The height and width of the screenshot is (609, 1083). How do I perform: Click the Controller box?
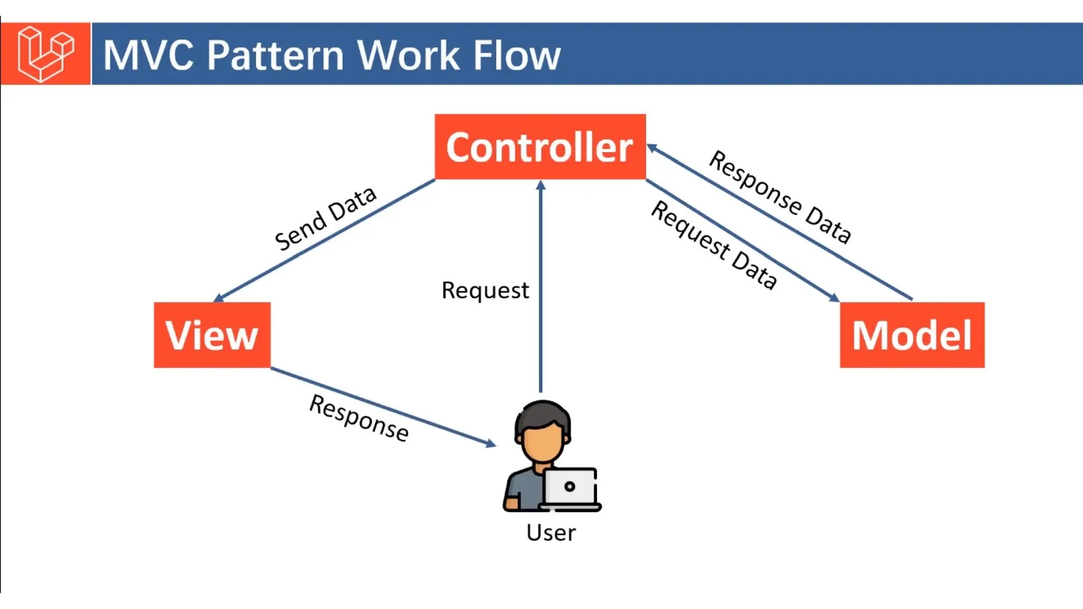point(540,147)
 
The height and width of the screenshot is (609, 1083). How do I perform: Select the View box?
point(212,335)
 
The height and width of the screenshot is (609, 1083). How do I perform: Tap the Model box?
point(912,335)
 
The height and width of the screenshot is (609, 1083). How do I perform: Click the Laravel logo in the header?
point(45,53)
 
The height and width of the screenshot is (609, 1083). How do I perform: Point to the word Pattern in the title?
point(276,55)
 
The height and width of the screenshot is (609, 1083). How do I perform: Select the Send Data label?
point(325,218)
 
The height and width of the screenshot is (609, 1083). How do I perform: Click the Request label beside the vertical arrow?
point(485,290)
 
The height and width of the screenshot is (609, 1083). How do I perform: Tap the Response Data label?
point(780,197)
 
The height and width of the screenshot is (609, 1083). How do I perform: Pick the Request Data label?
point(714,245)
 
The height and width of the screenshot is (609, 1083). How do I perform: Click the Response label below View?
point(359,418)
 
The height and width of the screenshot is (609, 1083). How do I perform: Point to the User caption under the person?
point(550,532)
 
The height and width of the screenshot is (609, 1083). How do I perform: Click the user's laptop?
point(570,488)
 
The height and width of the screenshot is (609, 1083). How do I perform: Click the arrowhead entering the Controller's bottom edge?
point(540,185)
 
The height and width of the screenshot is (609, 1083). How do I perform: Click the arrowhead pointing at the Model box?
point(834,298)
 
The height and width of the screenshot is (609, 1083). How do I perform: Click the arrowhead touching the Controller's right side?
point(652,148)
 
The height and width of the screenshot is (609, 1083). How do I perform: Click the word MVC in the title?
point(149,55)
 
